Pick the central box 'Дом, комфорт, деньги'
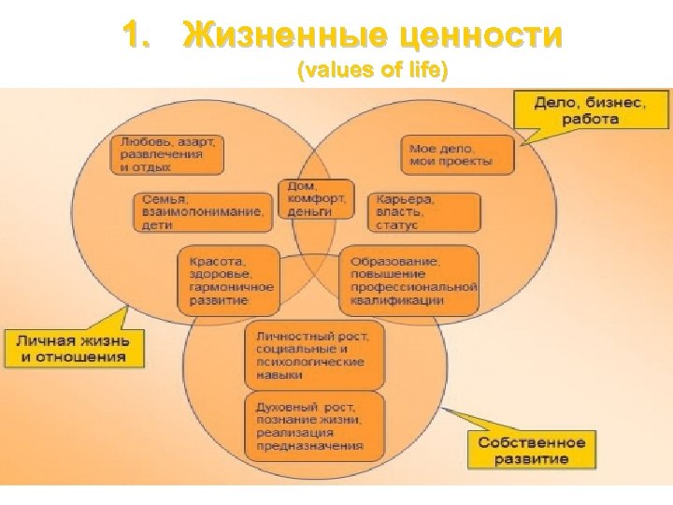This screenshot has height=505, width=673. coord(316,198)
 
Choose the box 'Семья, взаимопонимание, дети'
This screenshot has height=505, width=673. coord(204,212)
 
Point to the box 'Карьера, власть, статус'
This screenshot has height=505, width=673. coord(424,212)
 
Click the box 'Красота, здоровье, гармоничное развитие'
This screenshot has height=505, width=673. coord(227,281)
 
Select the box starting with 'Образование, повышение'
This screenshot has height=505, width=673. coord(408,281)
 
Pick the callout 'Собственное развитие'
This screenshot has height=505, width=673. coord(531,450)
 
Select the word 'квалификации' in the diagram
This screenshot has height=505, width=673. coord(397,301)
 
